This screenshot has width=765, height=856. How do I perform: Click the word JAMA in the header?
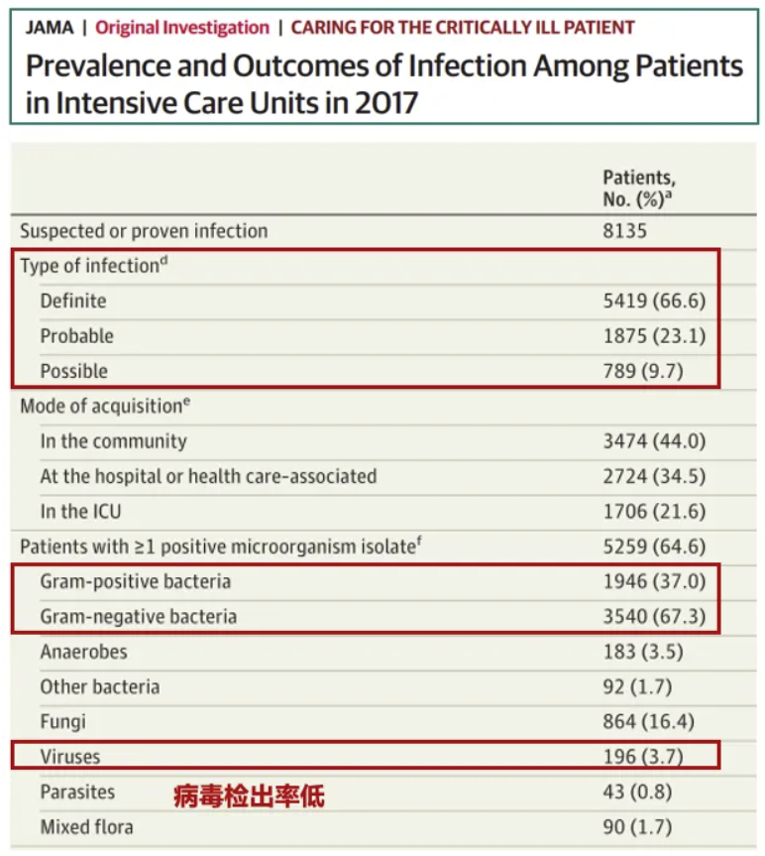coord(49,28)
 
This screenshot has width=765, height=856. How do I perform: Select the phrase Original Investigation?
coord(181,28)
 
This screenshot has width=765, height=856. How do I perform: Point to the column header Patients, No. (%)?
coord(640,188)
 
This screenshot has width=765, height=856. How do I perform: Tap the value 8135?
coord(624,231)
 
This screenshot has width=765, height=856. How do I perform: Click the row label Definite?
coord(73,301)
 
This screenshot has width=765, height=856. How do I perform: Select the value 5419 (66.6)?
coord(654,301)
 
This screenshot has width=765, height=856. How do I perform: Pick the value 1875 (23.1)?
coord(654,336)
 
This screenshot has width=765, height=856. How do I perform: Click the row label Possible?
coord(74,371)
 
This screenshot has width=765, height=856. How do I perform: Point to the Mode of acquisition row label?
coord(105,406)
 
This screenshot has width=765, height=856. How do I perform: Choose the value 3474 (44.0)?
coord(654,441)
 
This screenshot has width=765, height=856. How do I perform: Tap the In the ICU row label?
coord(81,512)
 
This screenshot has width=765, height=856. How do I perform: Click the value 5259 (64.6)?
coord(654,547)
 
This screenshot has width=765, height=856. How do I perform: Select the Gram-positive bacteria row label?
coord(136,581)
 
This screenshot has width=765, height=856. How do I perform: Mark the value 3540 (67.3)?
coord(654,617)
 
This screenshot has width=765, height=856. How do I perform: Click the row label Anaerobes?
coord(84,653)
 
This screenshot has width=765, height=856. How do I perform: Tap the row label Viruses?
coord(70,758)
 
